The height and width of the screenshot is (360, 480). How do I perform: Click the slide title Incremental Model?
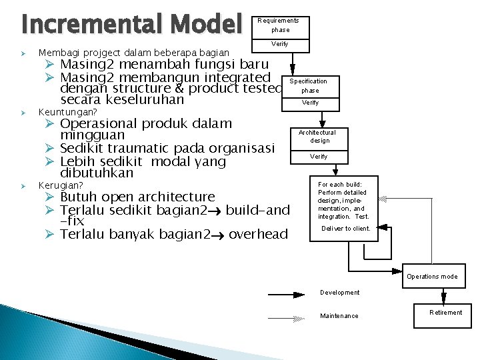(131, 25)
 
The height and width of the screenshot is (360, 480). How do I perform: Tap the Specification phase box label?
(309, 85)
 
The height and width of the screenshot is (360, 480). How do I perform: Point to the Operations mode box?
(432, 276)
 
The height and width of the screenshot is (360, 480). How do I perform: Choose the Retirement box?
(445, 312)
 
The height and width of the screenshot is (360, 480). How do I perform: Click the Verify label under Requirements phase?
(279, 44)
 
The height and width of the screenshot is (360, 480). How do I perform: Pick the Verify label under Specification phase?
(310, 103)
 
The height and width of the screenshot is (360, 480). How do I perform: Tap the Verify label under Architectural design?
(319, 157)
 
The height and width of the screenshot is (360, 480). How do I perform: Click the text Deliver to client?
(345, 229)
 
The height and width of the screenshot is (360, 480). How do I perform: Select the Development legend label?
(339, 293)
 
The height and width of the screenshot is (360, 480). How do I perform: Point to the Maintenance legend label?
(339, 316)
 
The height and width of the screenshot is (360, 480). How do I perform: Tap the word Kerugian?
(61, 185)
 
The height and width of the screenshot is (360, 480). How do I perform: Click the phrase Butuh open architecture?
(137, 197)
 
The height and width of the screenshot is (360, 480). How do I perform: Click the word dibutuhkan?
(97, 173)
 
